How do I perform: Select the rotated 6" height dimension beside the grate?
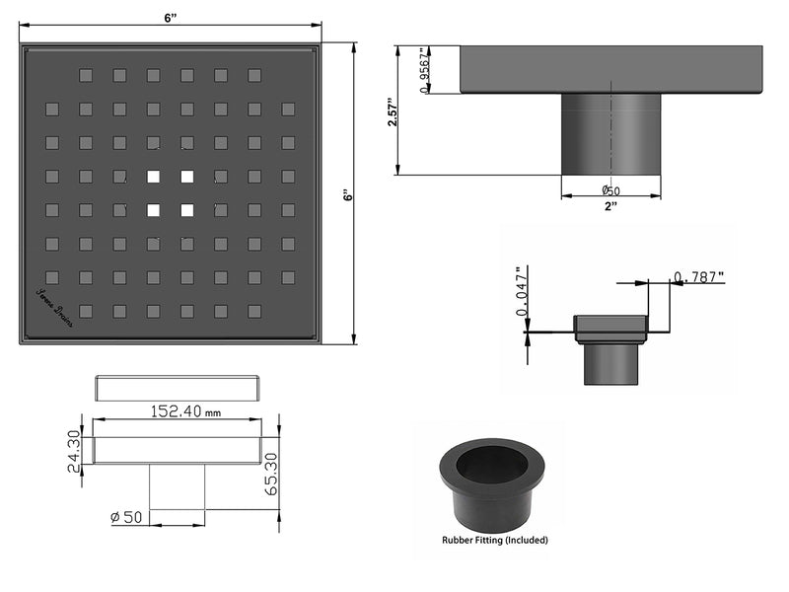click(346, 195)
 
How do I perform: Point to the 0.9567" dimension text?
click(424, 70)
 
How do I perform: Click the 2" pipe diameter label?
click(610, 206)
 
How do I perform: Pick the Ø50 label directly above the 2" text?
click(611, 190)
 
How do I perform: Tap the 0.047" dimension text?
click(523, 292)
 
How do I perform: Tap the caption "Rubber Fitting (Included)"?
click(494, 540)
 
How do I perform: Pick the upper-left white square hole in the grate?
click(153, 178)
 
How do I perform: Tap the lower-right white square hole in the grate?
click(186, 210)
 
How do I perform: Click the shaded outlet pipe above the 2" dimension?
click(610, 134)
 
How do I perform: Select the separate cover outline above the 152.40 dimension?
click(178, 387)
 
